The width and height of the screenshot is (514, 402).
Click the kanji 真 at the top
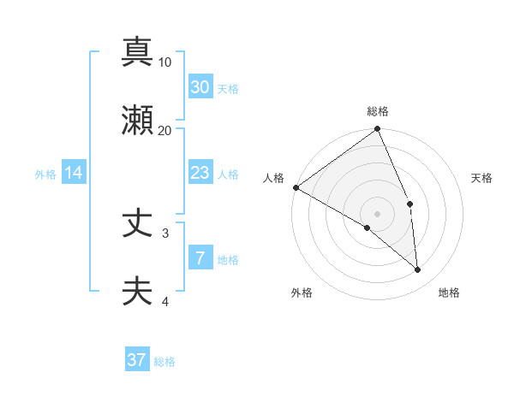pyautogui.click(x=137, y=51)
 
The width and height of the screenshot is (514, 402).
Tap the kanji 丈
pyautogui.click(x=137, y=223)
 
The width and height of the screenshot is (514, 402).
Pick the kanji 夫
pyautogui.click(x=137, y=292)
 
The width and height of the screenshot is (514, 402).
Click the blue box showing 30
pyautogui.click(x=200, y=86)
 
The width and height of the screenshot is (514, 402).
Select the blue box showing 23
pyautogui.click(x=200, y=173)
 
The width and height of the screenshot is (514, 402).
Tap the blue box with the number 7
pyautogui.click(x=200, y=258)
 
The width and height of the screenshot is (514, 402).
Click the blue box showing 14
pyautogui.click(x=74, y=173)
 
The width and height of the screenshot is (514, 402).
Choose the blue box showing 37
pyautogui.click(x=137, y=360)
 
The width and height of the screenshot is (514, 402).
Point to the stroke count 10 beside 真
pyautogui.click(x=165, y=62)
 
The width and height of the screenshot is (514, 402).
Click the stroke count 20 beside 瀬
pyautogui.click(x=165, y=131)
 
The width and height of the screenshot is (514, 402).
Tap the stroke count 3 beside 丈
pyautogui.click(x=165, y=233)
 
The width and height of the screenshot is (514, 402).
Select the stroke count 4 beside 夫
pyautogui.click(x=165, y=301)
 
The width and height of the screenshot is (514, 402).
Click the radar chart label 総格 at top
pyautogui.click(x=378, y=111)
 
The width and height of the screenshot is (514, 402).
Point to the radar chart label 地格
pyautogui.click(x=449, y=293)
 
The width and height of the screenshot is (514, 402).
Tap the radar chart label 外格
pyautogui.click(x=302, y=293)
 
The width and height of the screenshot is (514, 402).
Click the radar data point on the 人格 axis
pyautogui.click(x=296, y=187)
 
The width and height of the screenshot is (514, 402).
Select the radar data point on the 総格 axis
pyautogui.click(x=378, y=130)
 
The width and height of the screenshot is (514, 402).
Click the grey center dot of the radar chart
pyautogui.click(x=378, y=213)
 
